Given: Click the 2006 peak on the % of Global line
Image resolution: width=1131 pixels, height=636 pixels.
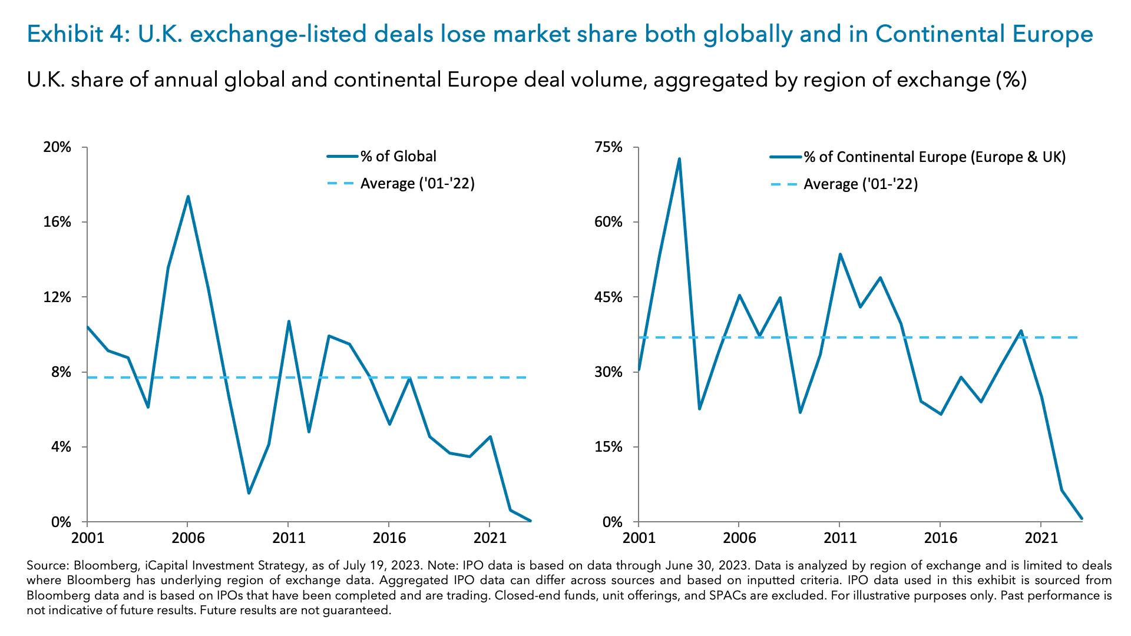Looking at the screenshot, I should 188,197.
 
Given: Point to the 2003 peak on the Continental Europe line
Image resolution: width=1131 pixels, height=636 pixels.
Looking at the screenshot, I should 679,159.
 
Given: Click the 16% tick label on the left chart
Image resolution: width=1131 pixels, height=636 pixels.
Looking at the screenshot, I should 57,222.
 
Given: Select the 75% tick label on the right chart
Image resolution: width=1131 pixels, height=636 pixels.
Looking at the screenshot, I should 609,147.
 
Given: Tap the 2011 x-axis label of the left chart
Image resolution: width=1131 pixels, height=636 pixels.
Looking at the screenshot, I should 289,538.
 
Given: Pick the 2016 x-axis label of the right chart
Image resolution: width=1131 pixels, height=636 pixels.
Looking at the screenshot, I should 940,538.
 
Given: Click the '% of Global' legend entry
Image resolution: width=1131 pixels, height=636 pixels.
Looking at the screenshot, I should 398,156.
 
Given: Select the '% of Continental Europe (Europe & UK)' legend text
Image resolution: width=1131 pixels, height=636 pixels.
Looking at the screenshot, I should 935,157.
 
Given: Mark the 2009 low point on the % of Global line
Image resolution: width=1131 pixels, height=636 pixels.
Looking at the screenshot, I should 249,493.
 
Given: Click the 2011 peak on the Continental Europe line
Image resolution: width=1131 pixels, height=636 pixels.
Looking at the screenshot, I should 840,254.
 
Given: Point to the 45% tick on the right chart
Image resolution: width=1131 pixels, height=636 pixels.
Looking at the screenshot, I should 609,297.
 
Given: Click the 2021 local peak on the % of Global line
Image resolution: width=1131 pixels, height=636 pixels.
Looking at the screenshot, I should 490,437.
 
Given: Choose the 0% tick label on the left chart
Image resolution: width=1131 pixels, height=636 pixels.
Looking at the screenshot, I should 61,522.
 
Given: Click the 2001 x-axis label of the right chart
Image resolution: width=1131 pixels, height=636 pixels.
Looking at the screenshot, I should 639,538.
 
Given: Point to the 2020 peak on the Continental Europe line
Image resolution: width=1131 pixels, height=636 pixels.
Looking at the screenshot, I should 1021,331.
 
